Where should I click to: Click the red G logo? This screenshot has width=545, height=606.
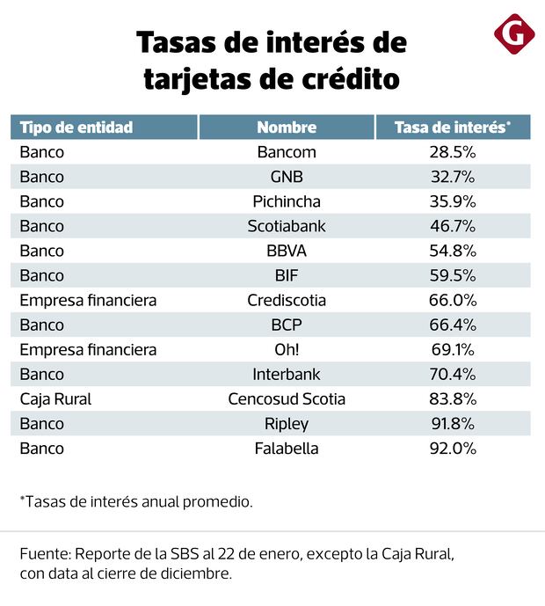[x=514, y=34]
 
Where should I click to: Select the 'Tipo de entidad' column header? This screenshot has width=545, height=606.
[x=76, y=128]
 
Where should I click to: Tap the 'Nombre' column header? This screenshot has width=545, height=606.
[x=287, y=128]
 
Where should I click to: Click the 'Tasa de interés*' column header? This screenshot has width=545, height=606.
[x=452, y=128]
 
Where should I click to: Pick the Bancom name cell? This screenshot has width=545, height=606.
[x=287, y=152]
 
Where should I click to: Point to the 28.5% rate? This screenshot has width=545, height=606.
[x=452, y=152]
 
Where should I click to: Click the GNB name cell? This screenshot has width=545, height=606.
[x=287, y=177]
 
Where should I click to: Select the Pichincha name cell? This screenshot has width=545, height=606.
[x=287, y=201]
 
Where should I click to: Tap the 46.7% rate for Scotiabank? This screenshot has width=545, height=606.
[x=452, y=226]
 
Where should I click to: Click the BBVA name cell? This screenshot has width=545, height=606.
[x=287, y=251]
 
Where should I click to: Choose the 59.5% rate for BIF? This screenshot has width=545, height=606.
[x=452, y=275]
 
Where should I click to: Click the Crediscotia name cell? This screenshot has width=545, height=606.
[x=287, y=300]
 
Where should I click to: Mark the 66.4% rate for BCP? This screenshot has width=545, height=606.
[x=452, y=325]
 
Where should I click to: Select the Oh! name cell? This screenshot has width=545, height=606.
[x=287, y=349]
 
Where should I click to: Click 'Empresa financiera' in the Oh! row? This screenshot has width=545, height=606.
[x=88, y=349]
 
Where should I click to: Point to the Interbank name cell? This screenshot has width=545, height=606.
[x=287, y=374]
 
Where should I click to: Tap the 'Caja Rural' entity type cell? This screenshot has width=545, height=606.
[x=55, y=398]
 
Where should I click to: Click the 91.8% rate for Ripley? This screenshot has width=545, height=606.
[x=452, y=423]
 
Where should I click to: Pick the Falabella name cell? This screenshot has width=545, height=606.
[x=287, y=448]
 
